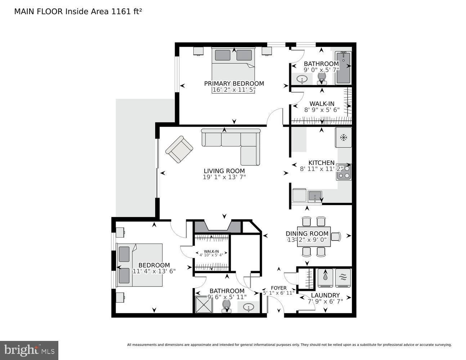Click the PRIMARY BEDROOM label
[x=234, y=84]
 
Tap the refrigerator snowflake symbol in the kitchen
[x=343, y=137]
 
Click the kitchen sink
[x=315, y=196]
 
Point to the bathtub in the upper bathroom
[x=343, y=68]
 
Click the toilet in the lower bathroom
[x=226, y=306]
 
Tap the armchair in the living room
[x=179, y=149]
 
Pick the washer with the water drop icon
[x=326, y=278]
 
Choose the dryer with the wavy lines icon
[x=342, y=278]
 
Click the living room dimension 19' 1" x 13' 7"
[x=224, y=177]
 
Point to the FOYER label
[x=279, y=288]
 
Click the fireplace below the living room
[x=217, y=227]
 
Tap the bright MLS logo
[x=29, y=350]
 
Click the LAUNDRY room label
[x=325, y=295]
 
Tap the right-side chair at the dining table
[x=336, y=236]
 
